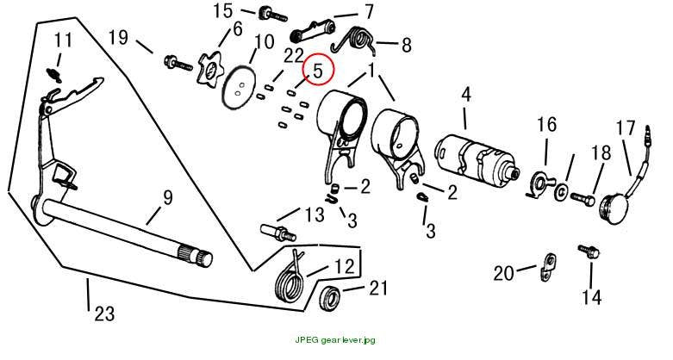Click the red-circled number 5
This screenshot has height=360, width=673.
point(318,70)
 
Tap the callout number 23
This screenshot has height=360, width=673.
point(105,313)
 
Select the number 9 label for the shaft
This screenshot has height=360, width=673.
point(167,198)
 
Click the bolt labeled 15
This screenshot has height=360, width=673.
point(272,15)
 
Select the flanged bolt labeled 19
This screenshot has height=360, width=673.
point(179,65)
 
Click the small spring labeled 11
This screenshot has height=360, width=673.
point(54,75)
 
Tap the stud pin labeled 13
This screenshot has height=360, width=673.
point(277,233)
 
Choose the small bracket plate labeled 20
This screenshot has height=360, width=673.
point(546,268)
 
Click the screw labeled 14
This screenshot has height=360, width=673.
point(589,251)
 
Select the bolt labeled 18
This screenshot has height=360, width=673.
point(583,199)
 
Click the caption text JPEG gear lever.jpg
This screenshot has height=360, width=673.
point(335,340)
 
